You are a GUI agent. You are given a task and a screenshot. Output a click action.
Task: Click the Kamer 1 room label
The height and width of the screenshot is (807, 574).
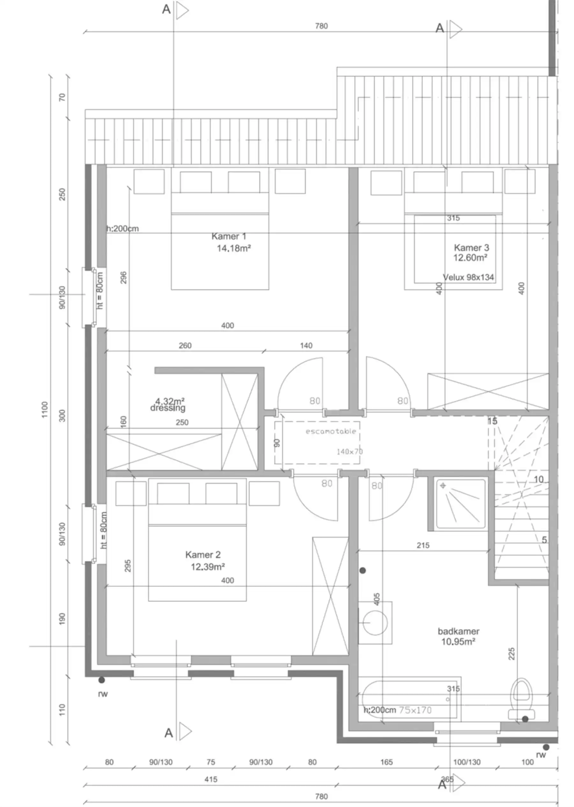[x=229, y=236]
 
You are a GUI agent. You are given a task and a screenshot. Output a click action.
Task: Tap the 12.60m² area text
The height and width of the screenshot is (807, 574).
[x=470, y=258]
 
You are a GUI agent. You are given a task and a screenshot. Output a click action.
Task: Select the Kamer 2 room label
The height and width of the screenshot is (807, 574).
[x=203, y=555]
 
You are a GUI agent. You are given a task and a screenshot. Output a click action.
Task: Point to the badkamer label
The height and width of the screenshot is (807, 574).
[x=459, y=631]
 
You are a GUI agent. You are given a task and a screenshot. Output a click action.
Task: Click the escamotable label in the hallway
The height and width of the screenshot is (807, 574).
[x=330, y=431]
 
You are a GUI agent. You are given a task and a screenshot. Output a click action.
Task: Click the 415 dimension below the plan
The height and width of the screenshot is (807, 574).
[x=211, y=779]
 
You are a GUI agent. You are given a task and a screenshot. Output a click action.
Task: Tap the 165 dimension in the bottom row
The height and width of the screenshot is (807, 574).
[x=386, y=762]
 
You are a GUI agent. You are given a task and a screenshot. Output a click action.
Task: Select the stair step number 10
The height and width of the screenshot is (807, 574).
[x=538, y=479]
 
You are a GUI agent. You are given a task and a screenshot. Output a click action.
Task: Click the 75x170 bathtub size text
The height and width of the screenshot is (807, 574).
[x=415, y=710]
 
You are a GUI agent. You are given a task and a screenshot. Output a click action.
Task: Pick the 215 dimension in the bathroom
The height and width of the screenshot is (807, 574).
[x=423, y=545]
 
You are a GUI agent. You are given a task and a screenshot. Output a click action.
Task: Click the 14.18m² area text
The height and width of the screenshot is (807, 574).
[x=234, y=248]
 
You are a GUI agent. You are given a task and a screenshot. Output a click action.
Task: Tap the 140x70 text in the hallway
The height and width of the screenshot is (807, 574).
[x=349, y=451]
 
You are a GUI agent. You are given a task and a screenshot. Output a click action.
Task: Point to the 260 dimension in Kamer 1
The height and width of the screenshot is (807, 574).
[x=185, y=345]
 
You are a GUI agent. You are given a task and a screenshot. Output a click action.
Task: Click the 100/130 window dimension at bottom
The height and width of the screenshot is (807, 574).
[x=467, y=762]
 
